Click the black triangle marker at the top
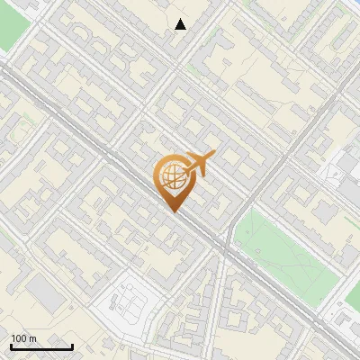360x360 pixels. tap(181, 24)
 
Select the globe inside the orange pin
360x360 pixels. tap(171, 176)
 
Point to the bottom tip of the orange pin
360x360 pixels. tap(173, 211)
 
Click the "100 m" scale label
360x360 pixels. tap(23, 339)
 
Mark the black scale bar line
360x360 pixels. tap(41, 346)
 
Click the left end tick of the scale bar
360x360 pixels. tap(11, 345)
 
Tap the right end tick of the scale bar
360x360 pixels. tap(72, 345)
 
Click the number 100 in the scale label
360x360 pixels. tap(20, 339)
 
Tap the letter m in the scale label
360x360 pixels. tap(33, 339)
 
